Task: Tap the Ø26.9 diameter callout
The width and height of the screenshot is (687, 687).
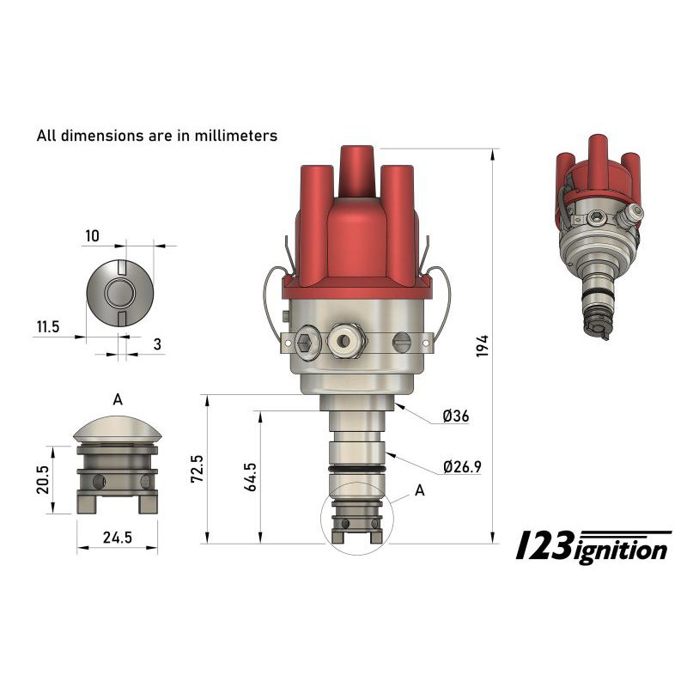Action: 462,467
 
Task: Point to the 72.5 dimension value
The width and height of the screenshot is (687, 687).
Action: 198,469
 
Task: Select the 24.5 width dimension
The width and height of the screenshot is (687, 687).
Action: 117,539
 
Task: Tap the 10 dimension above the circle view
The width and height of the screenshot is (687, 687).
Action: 93,235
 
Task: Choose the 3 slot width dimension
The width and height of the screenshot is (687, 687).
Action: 158,343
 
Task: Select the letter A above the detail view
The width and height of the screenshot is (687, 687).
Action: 118,399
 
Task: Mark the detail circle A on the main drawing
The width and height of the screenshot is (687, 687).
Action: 354,522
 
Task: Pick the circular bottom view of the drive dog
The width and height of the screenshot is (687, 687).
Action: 119,292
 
